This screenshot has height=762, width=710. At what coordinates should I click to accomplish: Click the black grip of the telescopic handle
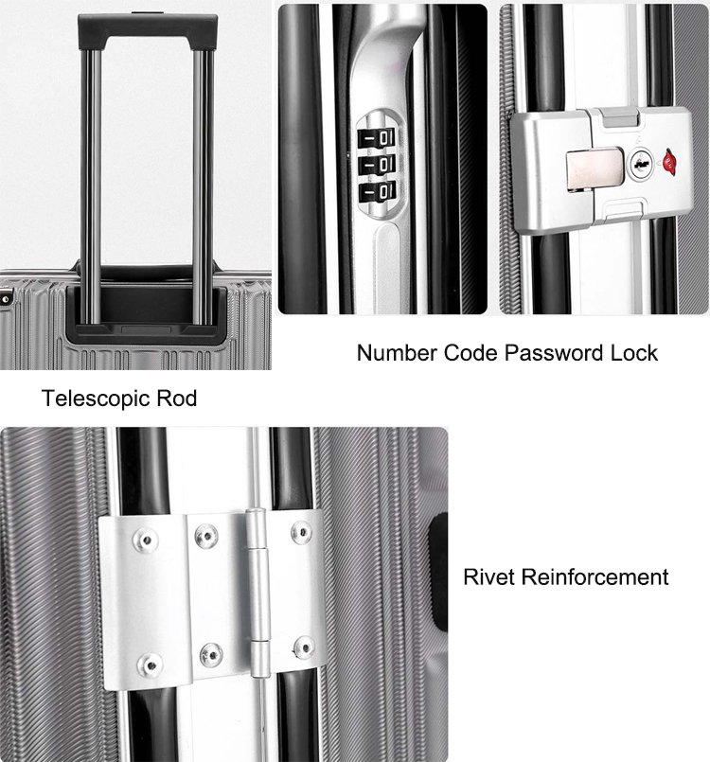(148, 25)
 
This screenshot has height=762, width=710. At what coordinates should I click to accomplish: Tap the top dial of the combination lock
(377, 138)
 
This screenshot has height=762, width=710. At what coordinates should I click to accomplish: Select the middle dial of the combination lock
(377, 165)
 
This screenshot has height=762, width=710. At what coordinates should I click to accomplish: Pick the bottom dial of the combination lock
(377, 191)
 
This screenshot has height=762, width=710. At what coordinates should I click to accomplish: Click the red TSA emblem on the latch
(670, 162)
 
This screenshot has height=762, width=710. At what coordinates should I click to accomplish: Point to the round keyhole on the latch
(642, 164)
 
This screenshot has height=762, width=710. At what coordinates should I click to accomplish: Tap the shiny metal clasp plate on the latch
(594, 169)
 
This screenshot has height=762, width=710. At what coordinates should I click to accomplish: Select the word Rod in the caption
(176, 399)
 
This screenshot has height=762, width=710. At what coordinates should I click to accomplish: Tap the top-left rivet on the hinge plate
(145, 540)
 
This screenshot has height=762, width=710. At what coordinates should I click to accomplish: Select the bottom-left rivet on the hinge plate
(151, 665)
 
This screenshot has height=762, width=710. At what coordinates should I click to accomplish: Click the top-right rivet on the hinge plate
(302, 532)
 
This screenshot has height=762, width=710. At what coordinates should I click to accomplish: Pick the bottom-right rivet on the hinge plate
(304, 647)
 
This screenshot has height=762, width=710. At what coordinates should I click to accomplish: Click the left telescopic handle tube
(92, 187)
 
